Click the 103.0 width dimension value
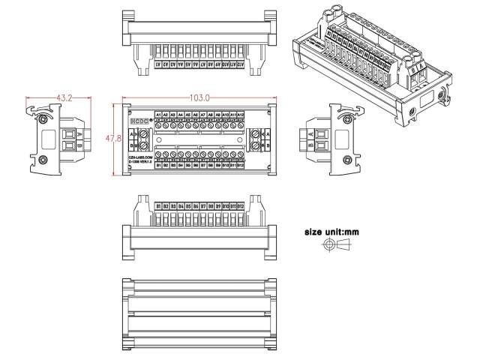[x=199, y=98]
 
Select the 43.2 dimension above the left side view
[x=64, y=98]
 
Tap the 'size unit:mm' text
[x=331, y=232]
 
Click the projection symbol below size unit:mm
[x=331, y=247]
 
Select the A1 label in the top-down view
[x=158, y=114]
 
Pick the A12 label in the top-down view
[x=240, y=114]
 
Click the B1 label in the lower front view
[x=158, y=205]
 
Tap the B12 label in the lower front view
[x=240, y=205]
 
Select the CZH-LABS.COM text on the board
[x=140, y=156]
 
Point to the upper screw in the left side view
[x=46, y=118]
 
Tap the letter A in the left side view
[x=79, y=133]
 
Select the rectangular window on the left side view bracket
[x=47, y=139]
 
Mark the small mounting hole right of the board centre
[x=240, y=139]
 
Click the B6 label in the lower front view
[x=195, y=205]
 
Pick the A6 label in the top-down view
[x=195, y=114]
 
